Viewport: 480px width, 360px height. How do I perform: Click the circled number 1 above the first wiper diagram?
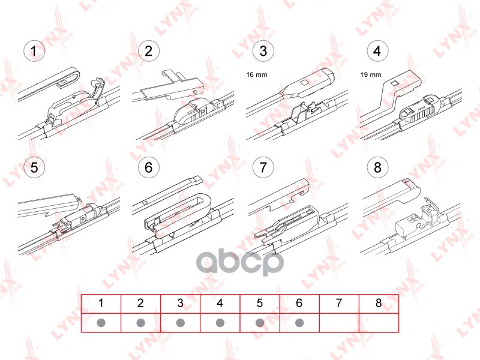34,51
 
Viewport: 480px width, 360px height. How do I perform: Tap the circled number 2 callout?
148,51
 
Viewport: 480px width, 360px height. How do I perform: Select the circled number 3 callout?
263,51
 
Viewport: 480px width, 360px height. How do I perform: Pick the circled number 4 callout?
377,51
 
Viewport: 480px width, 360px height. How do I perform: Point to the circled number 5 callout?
34,167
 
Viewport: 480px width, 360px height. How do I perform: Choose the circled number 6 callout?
148,167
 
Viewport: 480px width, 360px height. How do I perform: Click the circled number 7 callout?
263,167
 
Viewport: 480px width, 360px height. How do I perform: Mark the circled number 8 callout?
377,167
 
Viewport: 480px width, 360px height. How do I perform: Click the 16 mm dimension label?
257,74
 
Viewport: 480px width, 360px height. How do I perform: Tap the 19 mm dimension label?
371,74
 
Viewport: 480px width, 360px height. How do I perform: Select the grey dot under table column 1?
101,323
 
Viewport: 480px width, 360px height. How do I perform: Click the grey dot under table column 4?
220,323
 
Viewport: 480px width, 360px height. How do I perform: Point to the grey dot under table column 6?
299,323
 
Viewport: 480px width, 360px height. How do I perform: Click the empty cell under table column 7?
339,323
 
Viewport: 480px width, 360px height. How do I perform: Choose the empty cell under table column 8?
379,323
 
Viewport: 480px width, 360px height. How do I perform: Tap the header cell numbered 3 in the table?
181,304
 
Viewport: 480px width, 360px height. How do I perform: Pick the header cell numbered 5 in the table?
260,304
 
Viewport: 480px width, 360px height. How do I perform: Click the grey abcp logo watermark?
239,262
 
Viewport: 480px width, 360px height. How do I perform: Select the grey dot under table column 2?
141,323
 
